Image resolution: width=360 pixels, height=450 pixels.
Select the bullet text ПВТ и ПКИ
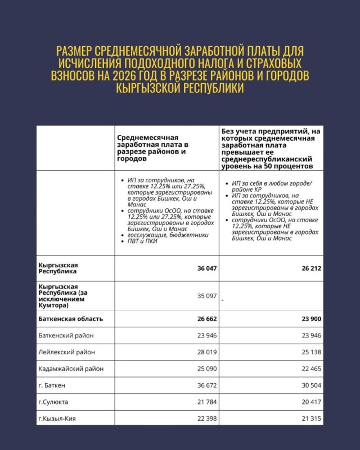(143, 241)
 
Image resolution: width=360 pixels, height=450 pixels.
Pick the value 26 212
(311, 269)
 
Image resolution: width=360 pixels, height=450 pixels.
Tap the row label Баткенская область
(71, 319)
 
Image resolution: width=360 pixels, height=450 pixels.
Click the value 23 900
(311, 319)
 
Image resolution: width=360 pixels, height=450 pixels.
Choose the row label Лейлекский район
(66, 352)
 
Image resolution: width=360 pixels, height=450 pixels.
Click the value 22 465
(311, 369)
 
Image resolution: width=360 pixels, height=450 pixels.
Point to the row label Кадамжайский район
(71, 369)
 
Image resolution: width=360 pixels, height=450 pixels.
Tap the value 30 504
(311, 386)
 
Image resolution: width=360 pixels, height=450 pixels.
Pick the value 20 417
(311, 403)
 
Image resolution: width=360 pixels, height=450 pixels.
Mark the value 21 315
(311, 419)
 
